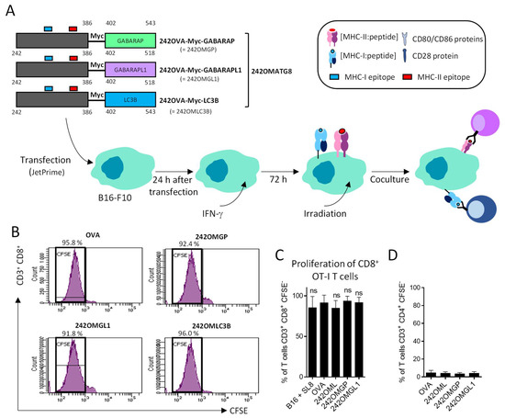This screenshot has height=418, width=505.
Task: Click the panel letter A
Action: (8, 8)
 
